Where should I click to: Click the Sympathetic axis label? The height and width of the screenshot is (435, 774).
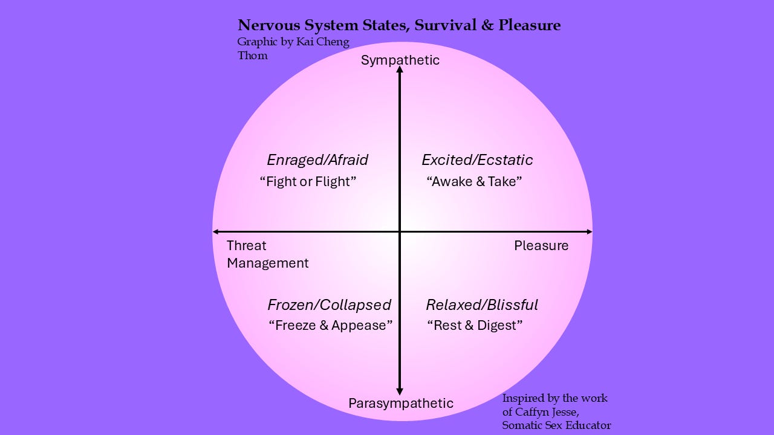tap(400, 60)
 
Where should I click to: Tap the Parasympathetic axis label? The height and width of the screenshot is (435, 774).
tap(400, 403)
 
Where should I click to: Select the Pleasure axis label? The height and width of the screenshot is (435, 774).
tap(541, 245)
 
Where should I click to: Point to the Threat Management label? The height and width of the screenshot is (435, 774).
tap(267, 254)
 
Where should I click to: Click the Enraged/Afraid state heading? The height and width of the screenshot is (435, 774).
tap(317, 160)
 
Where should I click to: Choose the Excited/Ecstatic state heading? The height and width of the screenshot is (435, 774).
tap(477, 160)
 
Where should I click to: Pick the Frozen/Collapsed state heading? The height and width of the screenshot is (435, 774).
tap(329, 304)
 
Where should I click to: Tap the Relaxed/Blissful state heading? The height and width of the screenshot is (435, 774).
tap(482, 304)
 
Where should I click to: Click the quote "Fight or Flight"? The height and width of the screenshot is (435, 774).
tap(308, 181)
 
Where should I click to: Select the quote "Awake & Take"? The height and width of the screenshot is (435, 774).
tap(474, 181)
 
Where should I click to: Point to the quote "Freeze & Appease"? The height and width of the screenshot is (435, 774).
tap(330, 325)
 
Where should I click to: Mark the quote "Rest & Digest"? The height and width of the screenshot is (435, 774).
tap(475, 325)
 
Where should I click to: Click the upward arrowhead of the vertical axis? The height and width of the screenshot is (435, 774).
tap(400, 70)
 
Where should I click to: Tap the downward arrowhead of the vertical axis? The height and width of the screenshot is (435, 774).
tap(400, 392)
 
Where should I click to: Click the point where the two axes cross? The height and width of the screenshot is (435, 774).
tap(400, 231)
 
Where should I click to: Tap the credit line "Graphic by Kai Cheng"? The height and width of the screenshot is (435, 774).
tap(293, 42)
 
